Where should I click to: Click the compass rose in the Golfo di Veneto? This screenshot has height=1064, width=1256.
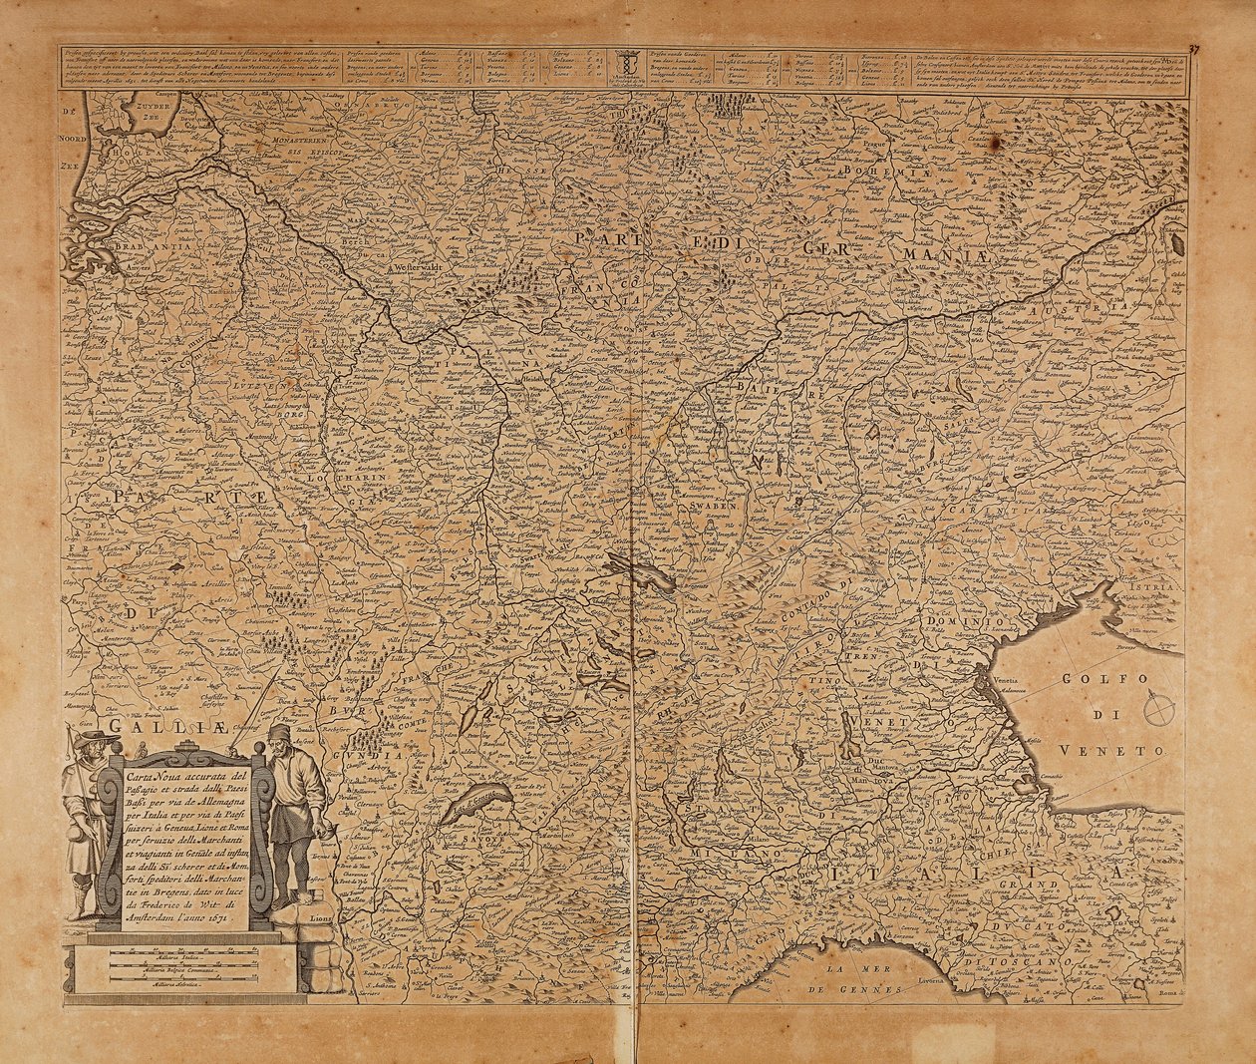[x=1158, y=710]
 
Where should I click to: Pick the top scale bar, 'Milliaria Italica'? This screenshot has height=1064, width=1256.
[x=184, y=955]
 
